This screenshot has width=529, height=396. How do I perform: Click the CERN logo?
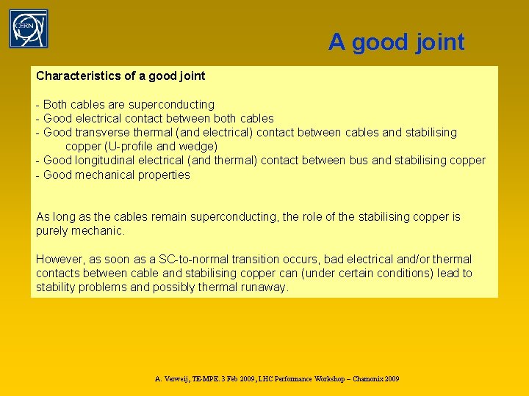[x=29, y=29]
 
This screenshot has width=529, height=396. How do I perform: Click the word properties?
[x=160, y=175]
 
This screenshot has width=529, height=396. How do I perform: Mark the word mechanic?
[x=99, y=231]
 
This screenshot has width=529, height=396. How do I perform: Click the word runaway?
[x=265, y=287]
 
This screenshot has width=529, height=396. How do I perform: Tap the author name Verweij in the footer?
[x=178, y=379]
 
